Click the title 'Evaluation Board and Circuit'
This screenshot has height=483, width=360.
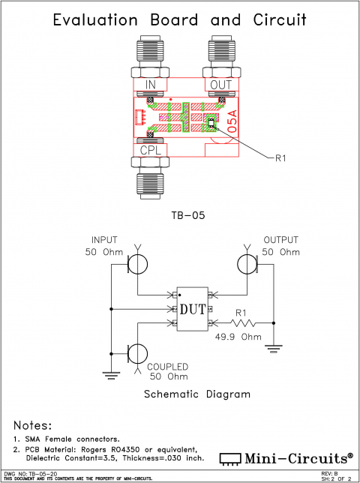(180, 19)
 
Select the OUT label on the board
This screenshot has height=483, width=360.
(221, 85)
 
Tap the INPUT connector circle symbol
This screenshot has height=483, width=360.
(137, 264)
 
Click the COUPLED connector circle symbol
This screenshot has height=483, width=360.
(137, 352)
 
